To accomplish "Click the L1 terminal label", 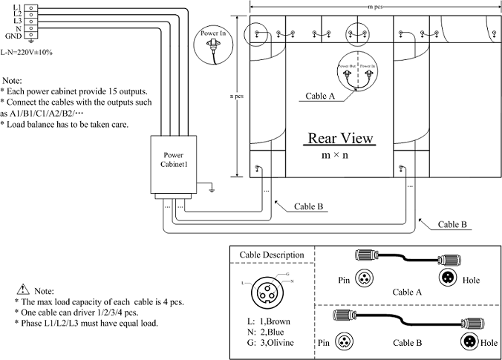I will click(16, 7).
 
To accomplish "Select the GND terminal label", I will click(13, 35).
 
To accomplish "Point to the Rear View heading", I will click(341, 139).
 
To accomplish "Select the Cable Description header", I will click(271, 255).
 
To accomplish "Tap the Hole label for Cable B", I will click(489, 344).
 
